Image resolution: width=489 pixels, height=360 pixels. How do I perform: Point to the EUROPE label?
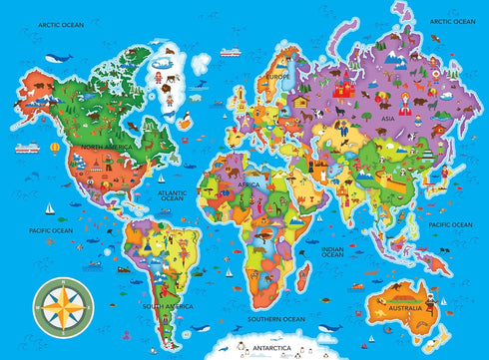coord(277,76)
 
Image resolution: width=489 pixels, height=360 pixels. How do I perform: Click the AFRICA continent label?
coord(248,184)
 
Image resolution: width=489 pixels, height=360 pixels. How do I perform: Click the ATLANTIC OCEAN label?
coord(174,193)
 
